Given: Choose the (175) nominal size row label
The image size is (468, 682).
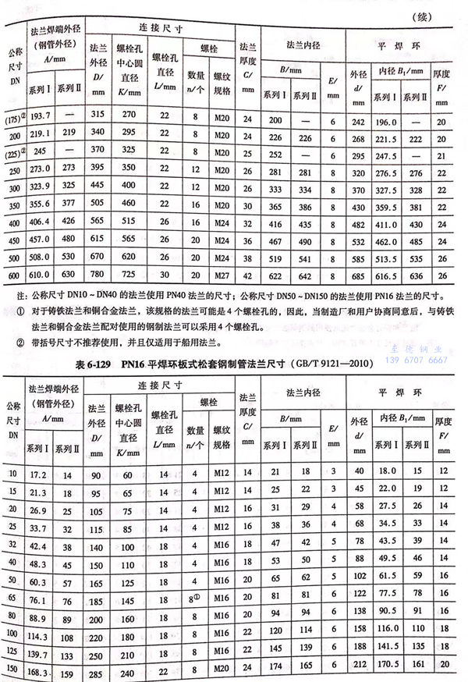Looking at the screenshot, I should click(13, 116).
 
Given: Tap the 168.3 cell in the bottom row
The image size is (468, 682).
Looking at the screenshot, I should click(38, 670).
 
